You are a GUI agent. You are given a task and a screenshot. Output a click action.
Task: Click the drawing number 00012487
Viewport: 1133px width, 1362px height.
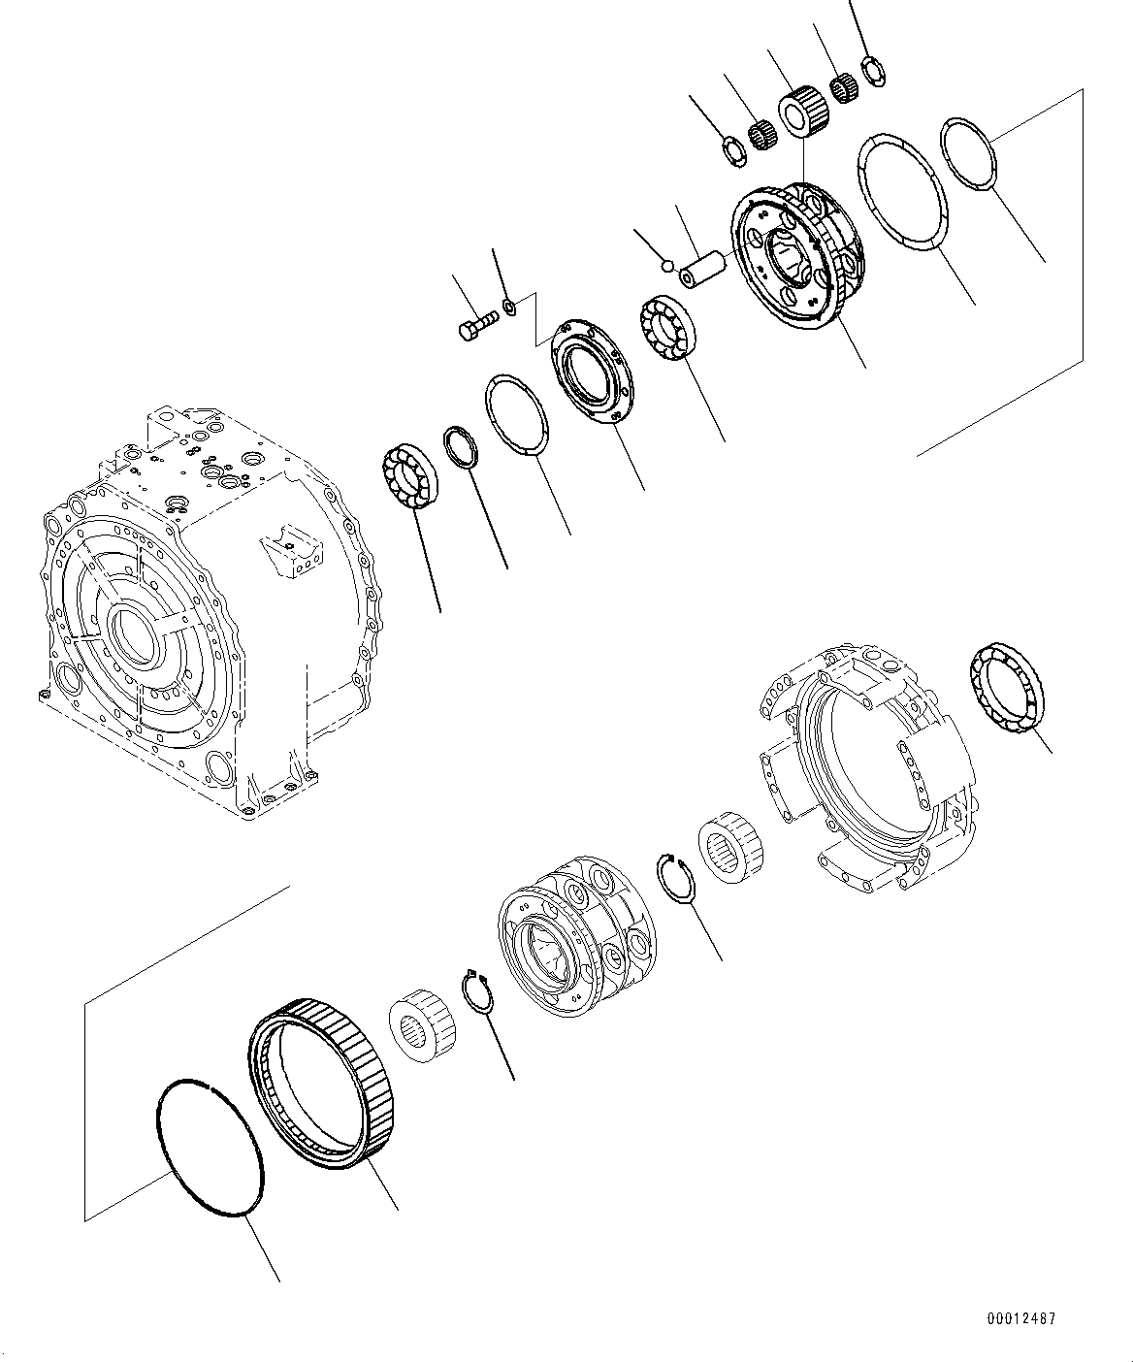[1022, 1318]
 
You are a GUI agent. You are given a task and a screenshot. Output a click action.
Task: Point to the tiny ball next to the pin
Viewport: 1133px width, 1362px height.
[664, 264]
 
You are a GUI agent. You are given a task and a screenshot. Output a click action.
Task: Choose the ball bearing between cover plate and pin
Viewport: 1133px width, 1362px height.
[666, 330]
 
